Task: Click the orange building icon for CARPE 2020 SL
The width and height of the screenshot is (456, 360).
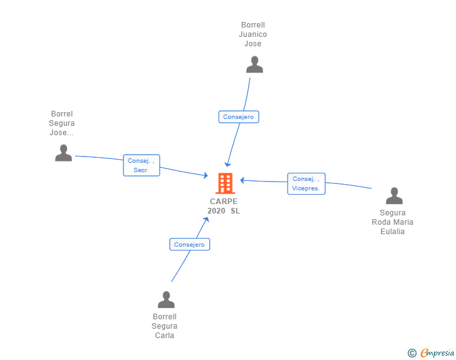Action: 225,183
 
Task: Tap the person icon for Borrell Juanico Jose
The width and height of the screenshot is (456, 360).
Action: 254,64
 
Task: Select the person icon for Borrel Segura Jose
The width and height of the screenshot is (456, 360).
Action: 63,153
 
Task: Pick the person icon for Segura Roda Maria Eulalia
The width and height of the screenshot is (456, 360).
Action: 394,196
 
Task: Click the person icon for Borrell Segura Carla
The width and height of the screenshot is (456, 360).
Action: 166,299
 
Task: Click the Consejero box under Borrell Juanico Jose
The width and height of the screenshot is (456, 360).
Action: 239,117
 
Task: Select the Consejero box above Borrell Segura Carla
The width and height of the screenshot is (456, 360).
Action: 190,244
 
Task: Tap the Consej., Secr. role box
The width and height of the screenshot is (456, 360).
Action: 142,165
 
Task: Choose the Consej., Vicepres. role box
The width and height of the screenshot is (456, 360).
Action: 306,183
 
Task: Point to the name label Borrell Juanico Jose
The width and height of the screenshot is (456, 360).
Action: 252,34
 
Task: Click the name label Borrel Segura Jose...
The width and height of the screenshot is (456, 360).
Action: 61,123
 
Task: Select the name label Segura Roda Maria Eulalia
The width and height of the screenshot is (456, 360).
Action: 392,222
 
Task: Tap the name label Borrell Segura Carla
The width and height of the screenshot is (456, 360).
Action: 164,326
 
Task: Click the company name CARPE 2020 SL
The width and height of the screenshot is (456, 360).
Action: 224,206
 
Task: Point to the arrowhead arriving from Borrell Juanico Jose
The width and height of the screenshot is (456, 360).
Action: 227,164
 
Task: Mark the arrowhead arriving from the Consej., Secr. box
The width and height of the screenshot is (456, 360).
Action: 205,175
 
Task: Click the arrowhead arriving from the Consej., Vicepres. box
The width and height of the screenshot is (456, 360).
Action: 242,180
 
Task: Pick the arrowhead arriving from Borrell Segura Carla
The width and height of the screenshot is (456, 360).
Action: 206,220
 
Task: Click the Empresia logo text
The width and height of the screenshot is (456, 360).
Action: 437,352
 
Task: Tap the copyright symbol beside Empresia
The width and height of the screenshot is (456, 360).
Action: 412,353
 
